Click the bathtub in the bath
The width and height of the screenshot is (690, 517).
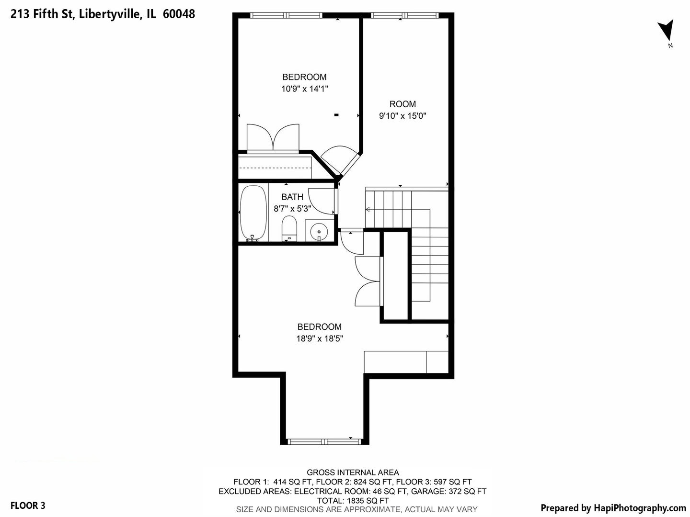tap(253, 213)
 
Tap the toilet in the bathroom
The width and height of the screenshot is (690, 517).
tap(289, 228)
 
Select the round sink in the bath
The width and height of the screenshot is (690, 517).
tap(319, 232)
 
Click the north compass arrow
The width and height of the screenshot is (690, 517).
tap(666, 31)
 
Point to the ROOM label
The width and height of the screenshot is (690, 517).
tap(402, 104)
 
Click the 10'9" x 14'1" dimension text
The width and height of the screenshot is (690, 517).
tap(304, 89)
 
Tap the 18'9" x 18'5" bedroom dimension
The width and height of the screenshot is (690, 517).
tap(319, 338)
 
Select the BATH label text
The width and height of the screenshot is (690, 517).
tap(292, 197)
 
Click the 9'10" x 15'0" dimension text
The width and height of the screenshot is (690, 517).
tap(402, 115)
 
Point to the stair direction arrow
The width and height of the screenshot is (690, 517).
tap(368, 209)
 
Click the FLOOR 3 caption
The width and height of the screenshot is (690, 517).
tap(28, 505)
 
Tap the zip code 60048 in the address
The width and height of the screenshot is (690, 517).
tap(179, 14)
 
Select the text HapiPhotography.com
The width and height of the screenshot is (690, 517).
tap(640, 508)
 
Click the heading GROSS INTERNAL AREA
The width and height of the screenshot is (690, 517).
tap(353, 472)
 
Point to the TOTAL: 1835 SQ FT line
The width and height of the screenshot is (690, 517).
tap(353, 500)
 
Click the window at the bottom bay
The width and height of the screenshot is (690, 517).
tap(324, 441)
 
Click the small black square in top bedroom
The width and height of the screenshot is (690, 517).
tap(336, 115)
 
